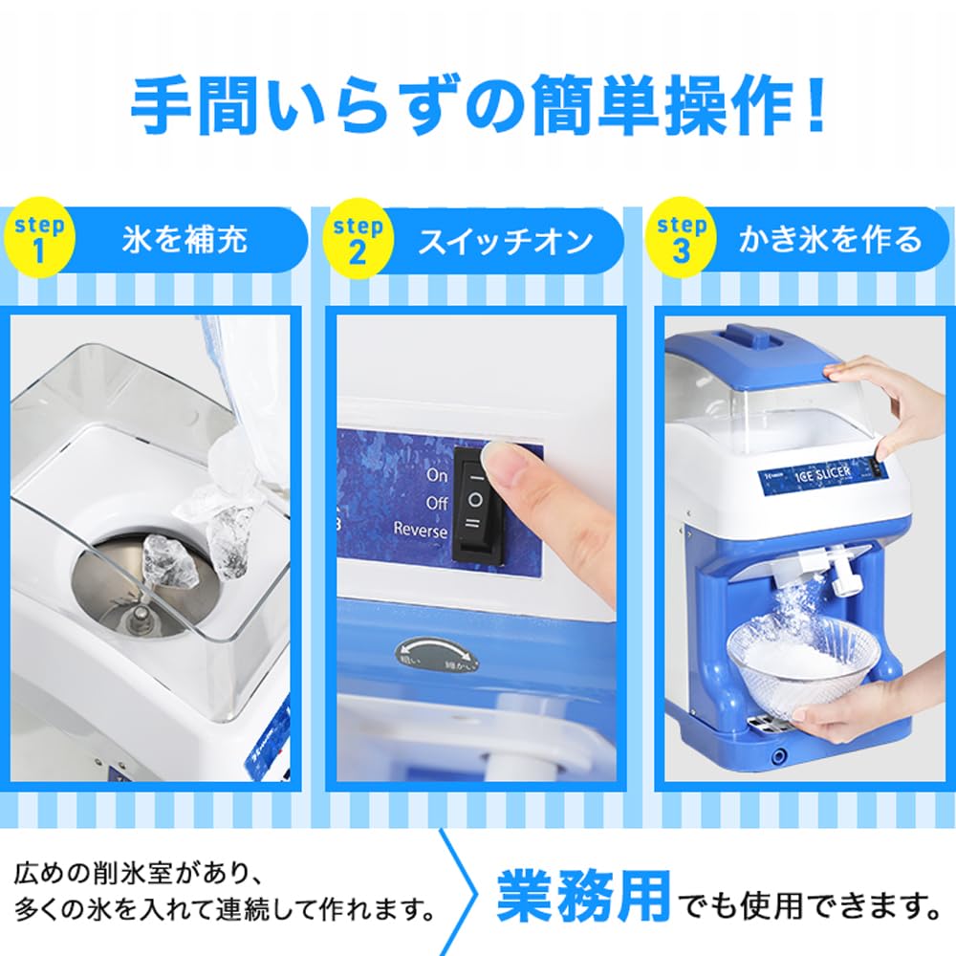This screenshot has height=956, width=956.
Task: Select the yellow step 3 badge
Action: point(682,239)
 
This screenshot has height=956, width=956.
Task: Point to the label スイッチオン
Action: point(506,241)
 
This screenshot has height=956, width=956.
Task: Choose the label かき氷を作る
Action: point(831,239)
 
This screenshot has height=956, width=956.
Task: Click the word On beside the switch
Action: point(437,474)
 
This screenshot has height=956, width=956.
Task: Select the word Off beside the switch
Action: point(436,501)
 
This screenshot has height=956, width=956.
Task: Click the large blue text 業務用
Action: point(583,896)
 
